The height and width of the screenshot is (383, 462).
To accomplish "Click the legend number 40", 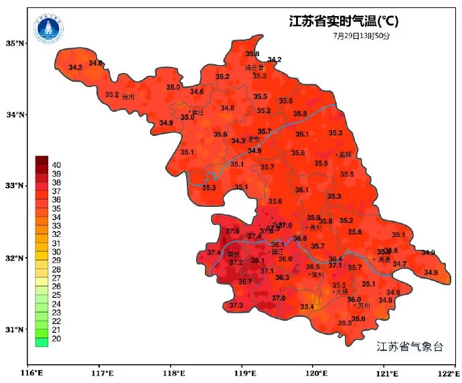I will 56,165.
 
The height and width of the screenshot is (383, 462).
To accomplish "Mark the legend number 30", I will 56,252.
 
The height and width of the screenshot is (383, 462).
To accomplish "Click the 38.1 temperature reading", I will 258,260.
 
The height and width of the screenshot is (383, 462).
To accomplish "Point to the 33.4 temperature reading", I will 307,307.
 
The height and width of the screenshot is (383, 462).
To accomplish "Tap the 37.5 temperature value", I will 232,231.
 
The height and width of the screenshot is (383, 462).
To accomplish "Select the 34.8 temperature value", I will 228,108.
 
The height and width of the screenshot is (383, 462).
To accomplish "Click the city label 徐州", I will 129,97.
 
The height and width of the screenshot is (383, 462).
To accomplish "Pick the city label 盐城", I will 345,154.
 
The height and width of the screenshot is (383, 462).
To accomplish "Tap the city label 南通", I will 383,258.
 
